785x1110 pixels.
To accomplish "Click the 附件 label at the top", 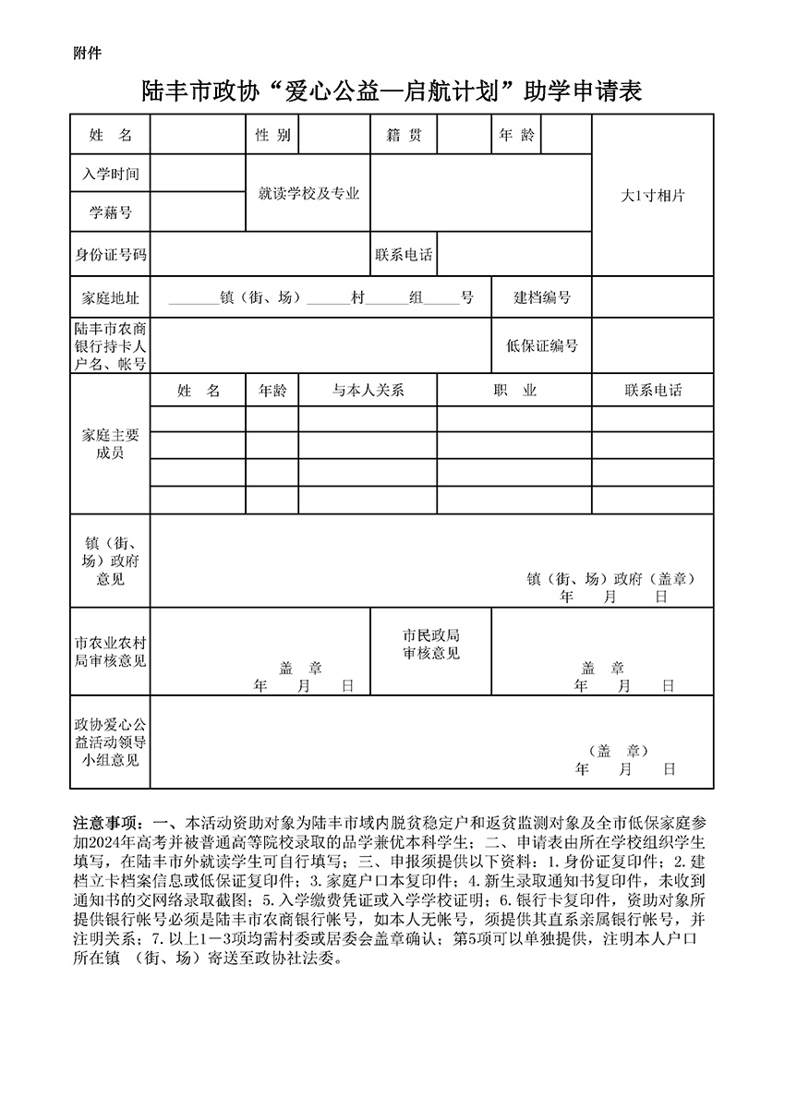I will click(87, 53).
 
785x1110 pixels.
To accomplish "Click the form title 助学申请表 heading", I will click(392, 91).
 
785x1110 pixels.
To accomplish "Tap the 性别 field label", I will click(272, 135).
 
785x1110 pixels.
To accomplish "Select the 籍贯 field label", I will click(404, 135).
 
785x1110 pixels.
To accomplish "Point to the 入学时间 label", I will click(110, 174).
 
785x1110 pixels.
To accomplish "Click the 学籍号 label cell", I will click(110, 212).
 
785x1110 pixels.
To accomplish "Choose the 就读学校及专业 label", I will click(308, 194).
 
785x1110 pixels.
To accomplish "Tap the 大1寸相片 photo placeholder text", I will click(652, 196).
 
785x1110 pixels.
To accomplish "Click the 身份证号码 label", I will click(110, 254).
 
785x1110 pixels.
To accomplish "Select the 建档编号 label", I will click(542, 297).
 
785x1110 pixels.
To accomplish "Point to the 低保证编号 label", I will click(542, 345).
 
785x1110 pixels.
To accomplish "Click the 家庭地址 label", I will click(110, 297).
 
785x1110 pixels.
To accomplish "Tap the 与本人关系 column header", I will click(368, 390).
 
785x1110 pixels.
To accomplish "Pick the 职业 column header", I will click(514, 390).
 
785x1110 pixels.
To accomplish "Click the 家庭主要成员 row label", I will click(110, 444).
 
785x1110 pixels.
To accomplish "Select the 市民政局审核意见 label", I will click(431, 645).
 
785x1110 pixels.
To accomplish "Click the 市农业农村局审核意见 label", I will click(110, 652).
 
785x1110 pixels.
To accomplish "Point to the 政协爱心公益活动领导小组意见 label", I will click(110, 742).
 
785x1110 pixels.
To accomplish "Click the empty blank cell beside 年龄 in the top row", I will click(565, 135).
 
